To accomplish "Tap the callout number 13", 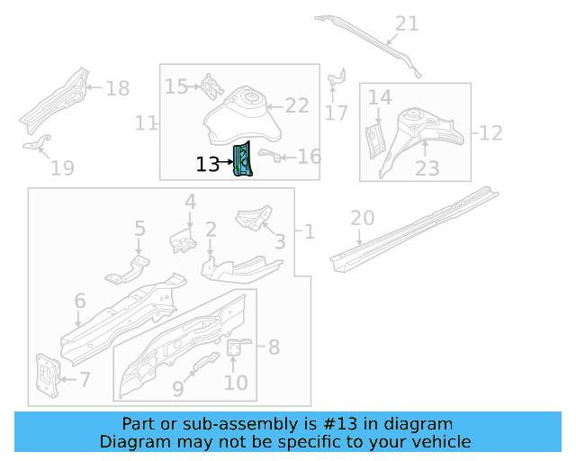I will tap(207, 164).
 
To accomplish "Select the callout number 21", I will tap(407, 23).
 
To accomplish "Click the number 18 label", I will tap(117, 88).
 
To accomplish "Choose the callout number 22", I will tap(297, 106).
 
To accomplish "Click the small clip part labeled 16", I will tap(269, 155).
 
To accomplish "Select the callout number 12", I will tap(490, 133).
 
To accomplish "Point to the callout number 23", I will tap(427, 167).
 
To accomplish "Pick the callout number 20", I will tap(361, 218).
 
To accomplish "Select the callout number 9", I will tap(177, 388).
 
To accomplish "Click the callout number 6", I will tap(79, 301).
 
